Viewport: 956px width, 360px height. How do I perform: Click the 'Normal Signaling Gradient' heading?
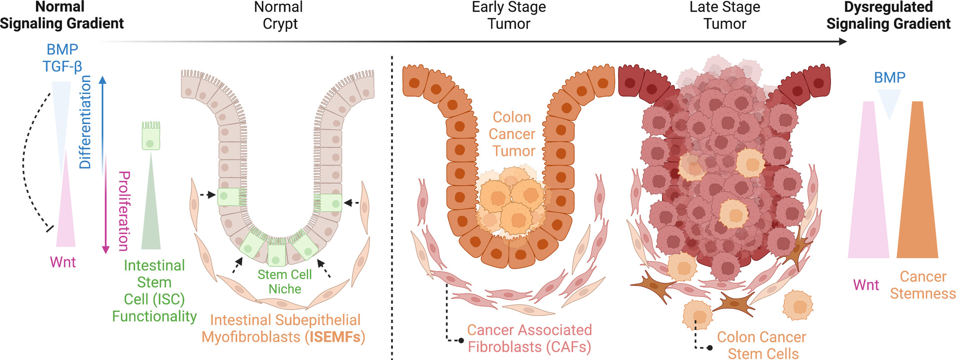click(62, 15)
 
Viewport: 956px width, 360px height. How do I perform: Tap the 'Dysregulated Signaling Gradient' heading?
click(888, 15)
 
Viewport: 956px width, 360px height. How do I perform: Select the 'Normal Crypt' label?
click(279, 15)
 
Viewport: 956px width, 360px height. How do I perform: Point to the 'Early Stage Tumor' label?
click(509, 15)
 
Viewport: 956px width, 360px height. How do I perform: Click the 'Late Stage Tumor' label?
click(724, 15)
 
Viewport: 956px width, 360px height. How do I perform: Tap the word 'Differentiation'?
click(85, 122)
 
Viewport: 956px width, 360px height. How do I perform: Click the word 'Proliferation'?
click(124, 211)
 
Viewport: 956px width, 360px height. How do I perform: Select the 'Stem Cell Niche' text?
click(284, 281)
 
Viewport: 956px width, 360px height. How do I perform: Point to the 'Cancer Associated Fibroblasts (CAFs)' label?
click(529, 338)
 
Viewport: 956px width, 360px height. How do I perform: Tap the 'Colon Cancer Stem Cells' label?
click(762, 345)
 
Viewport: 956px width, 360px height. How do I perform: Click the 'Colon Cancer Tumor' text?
click(512, 134)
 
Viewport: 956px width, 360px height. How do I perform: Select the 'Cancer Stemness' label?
click(923, 285)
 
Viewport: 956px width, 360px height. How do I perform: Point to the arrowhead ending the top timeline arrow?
click(843, 42)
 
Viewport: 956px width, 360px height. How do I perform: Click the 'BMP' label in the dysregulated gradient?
click(889, 78)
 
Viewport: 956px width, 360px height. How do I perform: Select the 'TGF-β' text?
click(62, 67)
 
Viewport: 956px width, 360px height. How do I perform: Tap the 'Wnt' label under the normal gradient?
click(63, 262)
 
